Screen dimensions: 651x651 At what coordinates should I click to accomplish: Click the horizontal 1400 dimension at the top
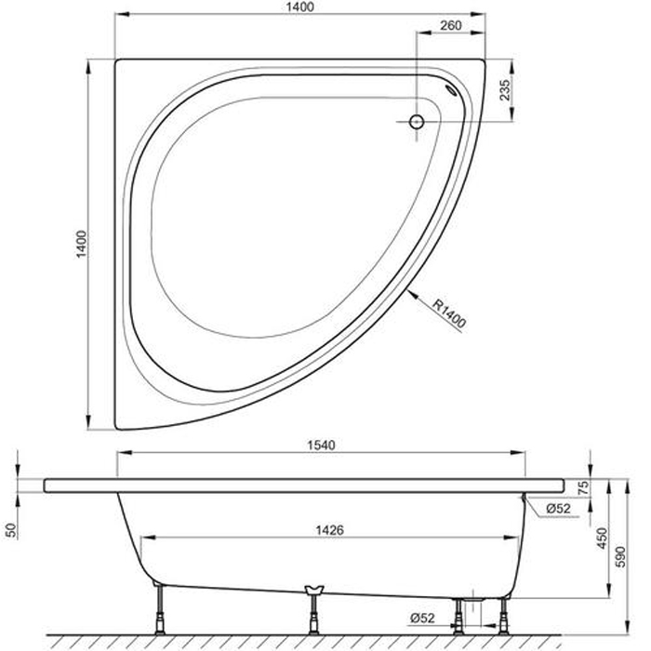pos(299,7)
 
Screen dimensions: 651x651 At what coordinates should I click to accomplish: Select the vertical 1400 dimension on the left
pos(82,244)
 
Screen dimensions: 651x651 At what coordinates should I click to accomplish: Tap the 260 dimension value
pos(451,25)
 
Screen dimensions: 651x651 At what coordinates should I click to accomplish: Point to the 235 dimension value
pos(504,89)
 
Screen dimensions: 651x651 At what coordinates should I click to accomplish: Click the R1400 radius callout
pos(449,313)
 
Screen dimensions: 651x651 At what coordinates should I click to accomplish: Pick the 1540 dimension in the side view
pos(321,445)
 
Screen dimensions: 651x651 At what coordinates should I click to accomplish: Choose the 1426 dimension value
pos(329,530)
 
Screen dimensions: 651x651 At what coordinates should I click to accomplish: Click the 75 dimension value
pos(583,487)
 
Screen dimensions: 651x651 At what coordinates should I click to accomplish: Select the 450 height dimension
pos(603,538)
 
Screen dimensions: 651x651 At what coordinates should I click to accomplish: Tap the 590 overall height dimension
pos(619,557)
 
